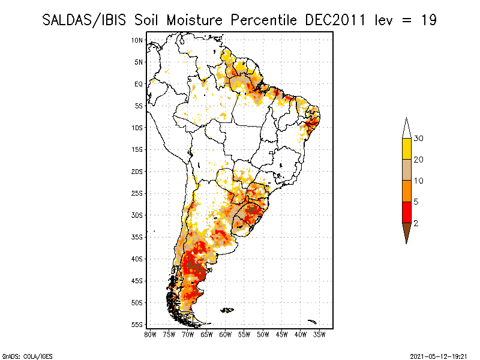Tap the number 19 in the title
[x=428, y=20]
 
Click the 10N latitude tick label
[x=137, y=40]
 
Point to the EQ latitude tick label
[x=139, y=84]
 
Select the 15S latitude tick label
[x=137, y=149]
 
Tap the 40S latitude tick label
[x=137, y=259]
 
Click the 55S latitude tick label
[x=137, y=324]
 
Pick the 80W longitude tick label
[x=150, y=334]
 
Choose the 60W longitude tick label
[x=226, y=334]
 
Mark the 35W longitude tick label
[x=320, y=334]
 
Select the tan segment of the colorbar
[x=406, y=170]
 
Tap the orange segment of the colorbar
[x=406, y=191]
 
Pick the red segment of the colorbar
[x=406, y=212]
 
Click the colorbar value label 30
[x=418, y=139]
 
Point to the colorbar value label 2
[x=416, y=223]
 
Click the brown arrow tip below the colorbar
[x=406, y=234]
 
